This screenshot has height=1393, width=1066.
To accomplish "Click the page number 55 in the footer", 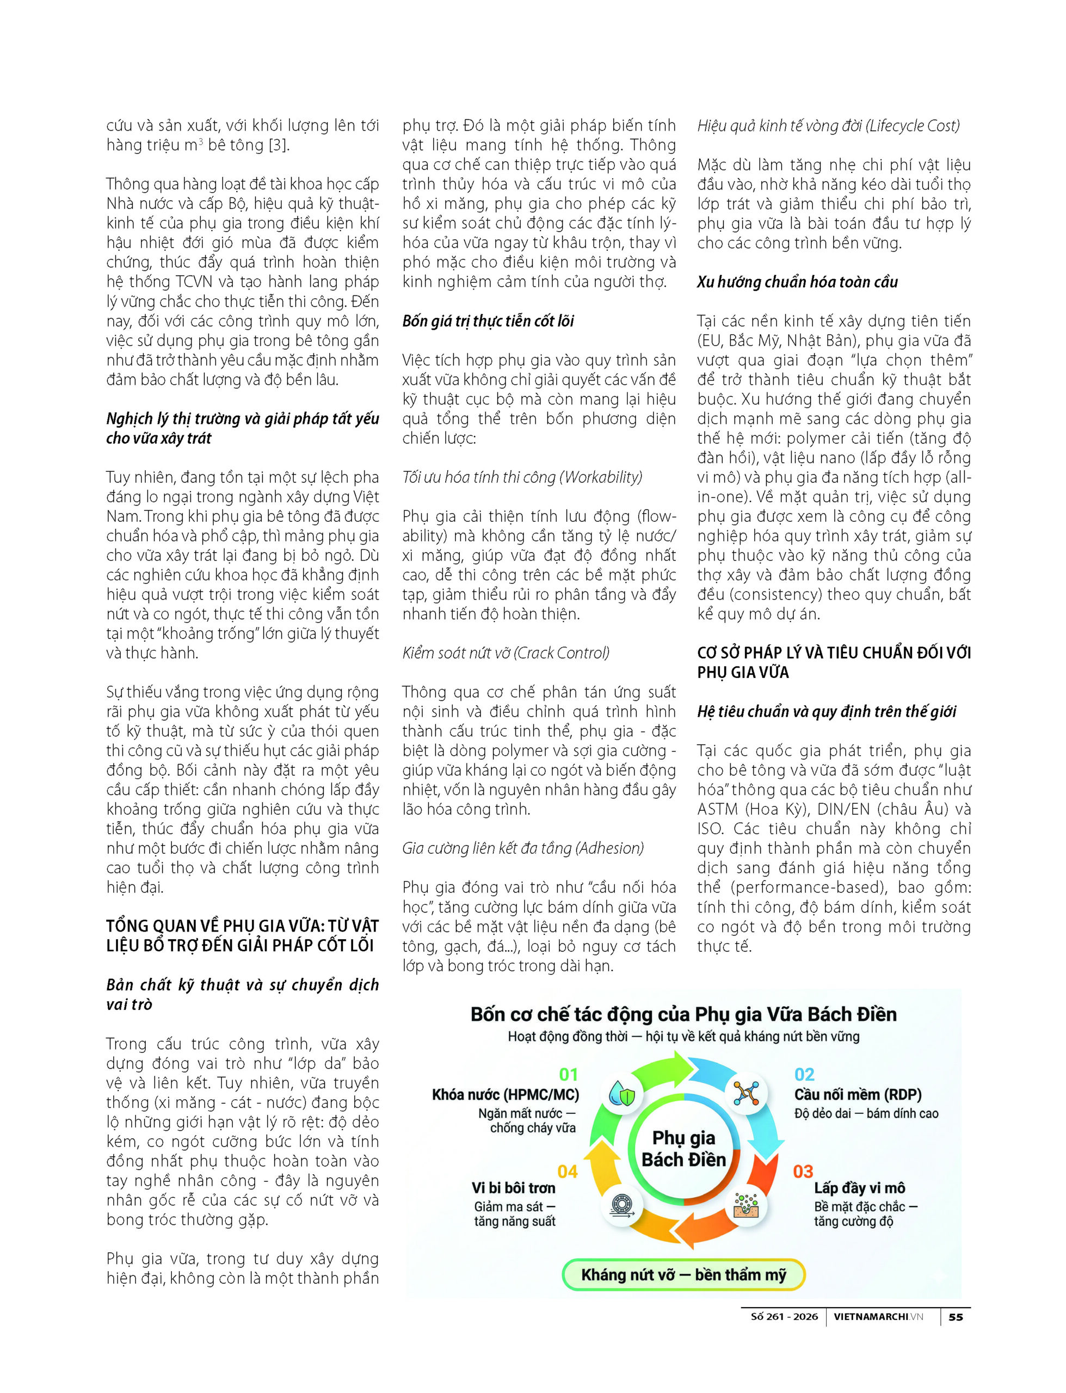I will click(x=955, y=1317).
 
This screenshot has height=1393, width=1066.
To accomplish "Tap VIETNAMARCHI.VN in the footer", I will click(x=878, y=1317).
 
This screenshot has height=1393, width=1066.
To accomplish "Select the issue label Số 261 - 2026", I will click(x=784, y=1317).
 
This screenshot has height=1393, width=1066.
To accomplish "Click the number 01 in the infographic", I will click(x=569, y=1075).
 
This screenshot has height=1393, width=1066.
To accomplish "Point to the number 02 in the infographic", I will click(x=805, y=1075).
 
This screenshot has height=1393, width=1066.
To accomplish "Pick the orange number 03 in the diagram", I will click(x=803, y=1172).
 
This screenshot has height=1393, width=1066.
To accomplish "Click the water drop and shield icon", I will click(x=622, y=1094).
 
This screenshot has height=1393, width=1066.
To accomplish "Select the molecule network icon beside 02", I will click(x=746, y=1093).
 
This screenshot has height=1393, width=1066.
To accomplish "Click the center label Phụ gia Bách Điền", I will click(x=683, y=1149).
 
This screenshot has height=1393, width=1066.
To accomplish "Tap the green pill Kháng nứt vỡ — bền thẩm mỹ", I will click(x=683, y=1274).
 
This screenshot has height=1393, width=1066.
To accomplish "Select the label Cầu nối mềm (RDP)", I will click(x=858, y=1095).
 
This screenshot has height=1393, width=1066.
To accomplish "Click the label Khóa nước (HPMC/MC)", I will click(x=506, y=1095).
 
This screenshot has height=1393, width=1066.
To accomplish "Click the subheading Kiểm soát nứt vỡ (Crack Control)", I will click(x=506, y=653).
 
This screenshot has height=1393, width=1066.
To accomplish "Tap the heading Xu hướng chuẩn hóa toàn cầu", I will click(x=797, y=282).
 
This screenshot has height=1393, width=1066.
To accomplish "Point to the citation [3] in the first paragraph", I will click(x=278, y=145).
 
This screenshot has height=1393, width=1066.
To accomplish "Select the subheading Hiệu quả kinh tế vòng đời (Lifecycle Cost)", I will click(x=828, y=126).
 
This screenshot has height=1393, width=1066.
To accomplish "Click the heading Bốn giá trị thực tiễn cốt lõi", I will click(x=488, y=321).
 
